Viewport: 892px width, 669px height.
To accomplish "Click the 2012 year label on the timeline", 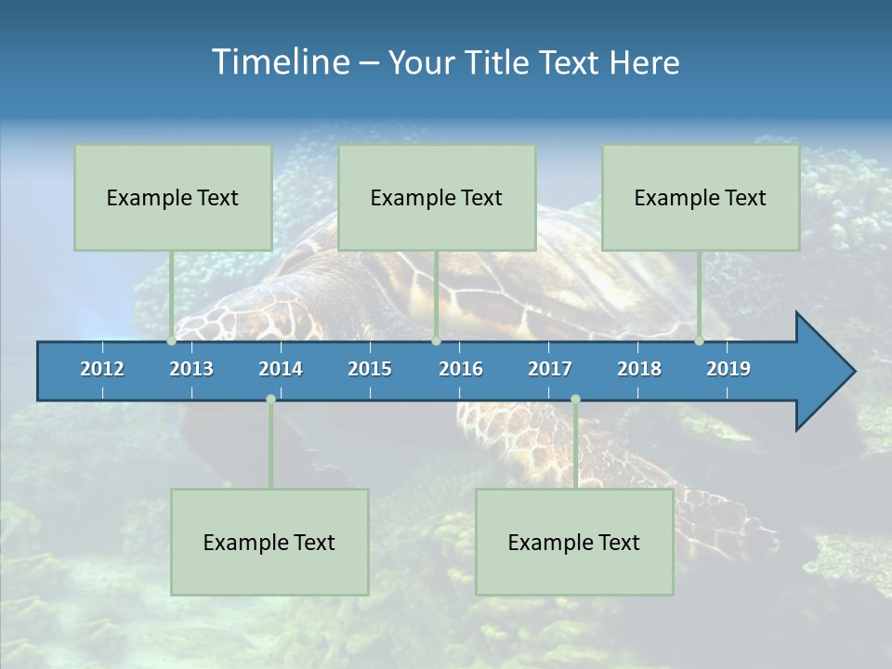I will (102, 369).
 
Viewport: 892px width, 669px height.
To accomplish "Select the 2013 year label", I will (191, 369).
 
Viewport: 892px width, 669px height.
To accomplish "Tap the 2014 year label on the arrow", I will (281, 369).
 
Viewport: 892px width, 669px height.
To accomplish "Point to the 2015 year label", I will (370, 369).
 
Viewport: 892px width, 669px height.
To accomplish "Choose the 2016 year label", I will (461, 369).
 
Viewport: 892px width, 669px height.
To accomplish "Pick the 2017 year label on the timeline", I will (550, 369).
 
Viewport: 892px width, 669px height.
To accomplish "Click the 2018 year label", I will (639, 369).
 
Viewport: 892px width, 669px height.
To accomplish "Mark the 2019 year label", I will (728, 369).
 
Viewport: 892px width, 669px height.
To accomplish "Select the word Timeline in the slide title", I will (280, 62).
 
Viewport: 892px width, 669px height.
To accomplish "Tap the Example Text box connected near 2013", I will (173, 197).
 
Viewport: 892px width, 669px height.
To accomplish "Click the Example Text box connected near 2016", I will (437, 197).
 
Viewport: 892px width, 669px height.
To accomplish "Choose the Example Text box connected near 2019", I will (701, 197).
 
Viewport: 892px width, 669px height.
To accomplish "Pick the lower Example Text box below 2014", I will (269, 542).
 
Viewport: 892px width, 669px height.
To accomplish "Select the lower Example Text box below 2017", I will (574, 542).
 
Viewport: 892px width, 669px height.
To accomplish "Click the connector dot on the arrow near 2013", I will (172, 341).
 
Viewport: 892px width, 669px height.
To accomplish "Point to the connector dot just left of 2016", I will (436, 341).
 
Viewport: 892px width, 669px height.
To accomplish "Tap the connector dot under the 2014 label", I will (270, 400).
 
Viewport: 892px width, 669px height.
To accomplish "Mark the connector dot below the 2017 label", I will (575, 400).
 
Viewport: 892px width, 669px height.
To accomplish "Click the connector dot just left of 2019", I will (700, 341).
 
